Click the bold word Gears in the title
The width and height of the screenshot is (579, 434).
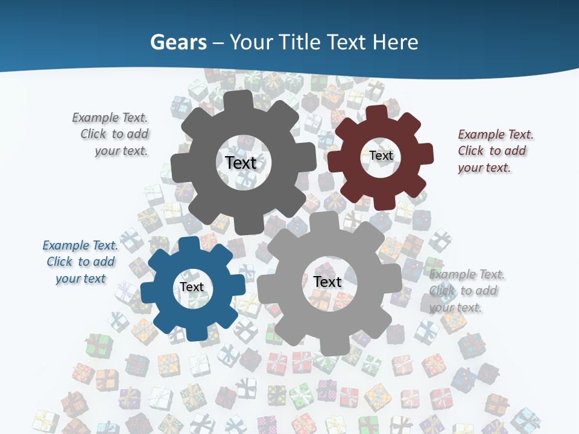[x=178, y=42]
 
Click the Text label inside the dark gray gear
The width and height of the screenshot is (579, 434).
[x=241, y=163]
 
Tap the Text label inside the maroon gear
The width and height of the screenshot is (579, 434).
[x=381, y=156]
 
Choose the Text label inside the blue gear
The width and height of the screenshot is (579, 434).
[x=192, y=287]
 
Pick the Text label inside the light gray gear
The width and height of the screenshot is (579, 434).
[x=327, y=281]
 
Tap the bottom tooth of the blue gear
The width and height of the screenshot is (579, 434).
[x=194, y=333]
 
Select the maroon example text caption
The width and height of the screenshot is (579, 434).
[x=495, y=151]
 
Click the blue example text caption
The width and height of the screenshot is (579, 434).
[x=81, y=262]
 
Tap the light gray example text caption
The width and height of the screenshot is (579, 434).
[x=466, y=291]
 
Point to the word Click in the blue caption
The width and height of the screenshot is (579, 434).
[x=60, y=262]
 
